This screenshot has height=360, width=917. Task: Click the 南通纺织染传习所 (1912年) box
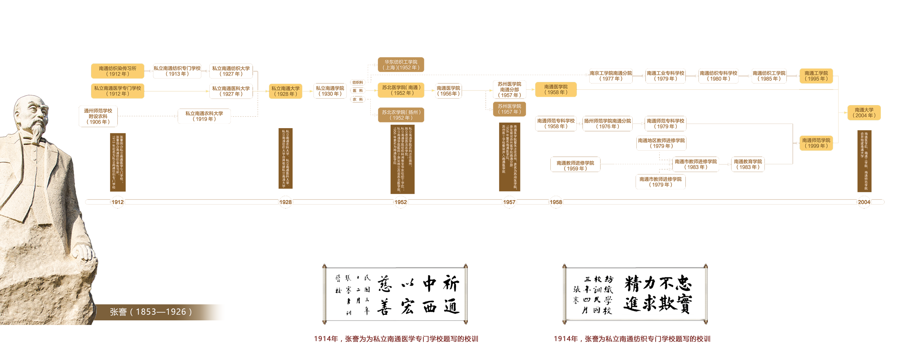117,71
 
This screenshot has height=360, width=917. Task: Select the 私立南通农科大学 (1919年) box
204,116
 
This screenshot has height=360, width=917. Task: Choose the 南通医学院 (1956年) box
448,91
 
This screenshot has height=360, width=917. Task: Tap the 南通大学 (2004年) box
864,112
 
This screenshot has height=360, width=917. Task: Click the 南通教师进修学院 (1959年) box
575,166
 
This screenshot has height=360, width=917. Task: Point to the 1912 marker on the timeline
117,202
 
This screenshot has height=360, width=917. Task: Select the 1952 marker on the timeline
400,202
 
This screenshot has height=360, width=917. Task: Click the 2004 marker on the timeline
864,202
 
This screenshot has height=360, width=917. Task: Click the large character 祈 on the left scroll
451,284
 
